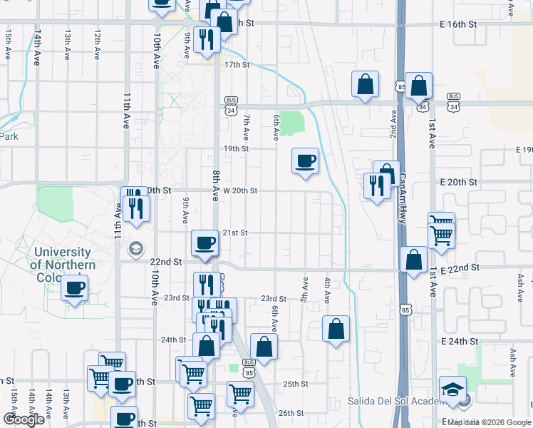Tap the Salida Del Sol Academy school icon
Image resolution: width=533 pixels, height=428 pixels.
[x=453, y=389]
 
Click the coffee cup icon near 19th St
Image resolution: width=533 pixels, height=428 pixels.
[x=306, y=161]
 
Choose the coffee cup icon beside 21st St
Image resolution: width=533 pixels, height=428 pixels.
[x=205, y=243]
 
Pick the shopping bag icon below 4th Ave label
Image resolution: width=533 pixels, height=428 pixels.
[x=336, y=330]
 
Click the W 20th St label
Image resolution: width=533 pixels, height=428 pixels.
[x=239, y=191]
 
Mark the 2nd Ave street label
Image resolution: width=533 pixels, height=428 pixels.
[x=393, y=125]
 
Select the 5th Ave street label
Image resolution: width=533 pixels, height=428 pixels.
[x=305, y=288]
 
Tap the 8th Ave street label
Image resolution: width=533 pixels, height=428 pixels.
[x=215, y=185]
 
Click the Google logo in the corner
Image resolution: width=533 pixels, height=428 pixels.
[x=24, y=419]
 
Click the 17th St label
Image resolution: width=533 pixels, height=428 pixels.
[x=237, y=65]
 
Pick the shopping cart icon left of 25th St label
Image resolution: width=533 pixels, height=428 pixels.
[x=240, y=393]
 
